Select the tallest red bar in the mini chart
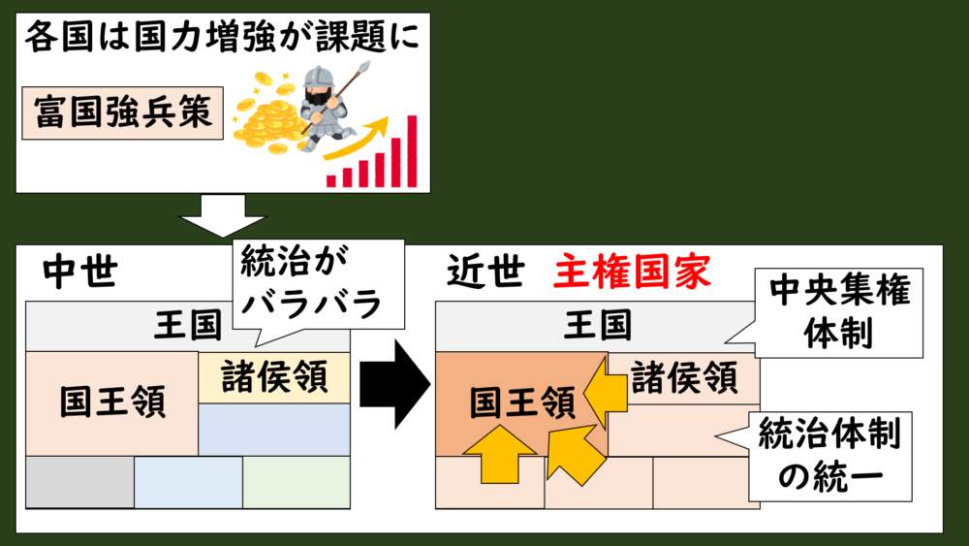tap(411, 150)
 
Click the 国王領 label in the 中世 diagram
tap(112, 401)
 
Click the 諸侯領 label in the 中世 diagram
tap(274, 375)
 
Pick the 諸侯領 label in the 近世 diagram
tap(684, 375)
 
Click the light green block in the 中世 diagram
tap(296, 482)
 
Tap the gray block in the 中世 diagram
tap(79, 482)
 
